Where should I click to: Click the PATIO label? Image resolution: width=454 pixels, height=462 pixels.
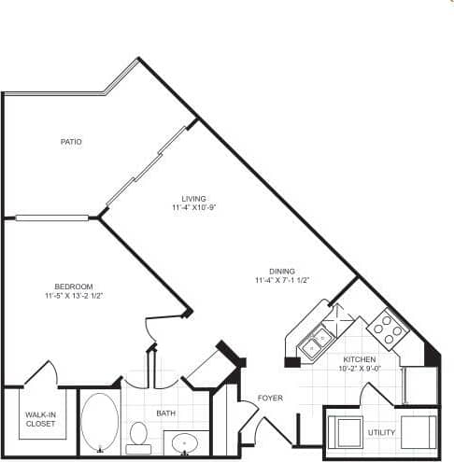(x=71, y=142)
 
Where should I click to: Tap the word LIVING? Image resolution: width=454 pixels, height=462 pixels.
(x=193, y=198)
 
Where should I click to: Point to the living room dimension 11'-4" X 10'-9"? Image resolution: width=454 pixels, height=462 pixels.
(x=193, y=207)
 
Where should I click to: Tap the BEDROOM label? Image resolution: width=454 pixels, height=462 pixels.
(x=73, y=286)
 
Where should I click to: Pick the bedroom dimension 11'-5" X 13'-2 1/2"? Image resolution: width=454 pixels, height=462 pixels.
(x=73, y=295)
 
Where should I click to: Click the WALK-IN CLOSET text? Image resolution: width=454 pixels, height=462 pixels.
(x=39, y=418)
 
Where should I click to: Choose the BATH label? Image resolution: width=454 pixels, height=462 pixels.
(x=166, y=413)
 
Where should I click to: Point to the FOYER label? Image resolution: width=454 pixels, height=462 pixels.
(x=270, y=399)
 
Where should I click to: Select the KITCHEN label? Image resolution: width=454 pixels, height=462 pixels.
(x=359, y=359)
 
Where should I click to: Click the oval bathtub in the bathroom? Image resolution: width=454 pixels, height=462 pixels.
(x=101, y=422)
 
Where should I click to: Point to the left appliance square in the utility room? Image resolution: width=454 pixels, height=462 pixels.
(x=349, y=433)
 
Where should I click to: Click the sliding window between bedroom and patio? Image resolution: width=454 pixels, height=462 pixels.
(x=52, y=218)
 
